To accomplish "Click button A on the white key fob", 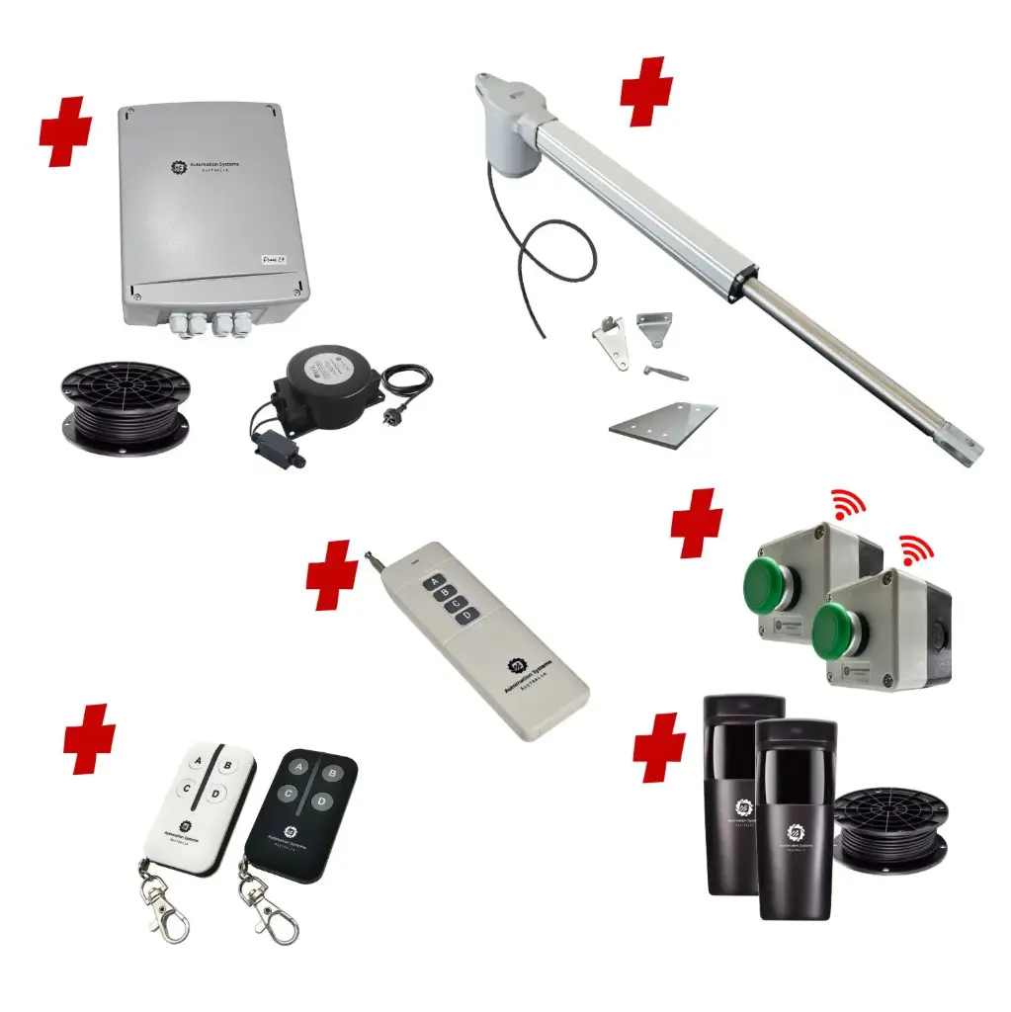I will tap(198, 761).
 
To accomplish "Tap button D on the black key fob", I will tap(319, 801).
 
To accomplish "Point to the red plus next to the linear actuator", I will tap(646, 91).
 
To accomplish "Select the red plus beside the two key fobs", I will tap(89, 738).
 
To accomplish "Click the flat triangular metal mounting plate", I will tap(662, 421).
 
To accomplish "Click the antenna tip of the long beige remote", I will tap(369, 557).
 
